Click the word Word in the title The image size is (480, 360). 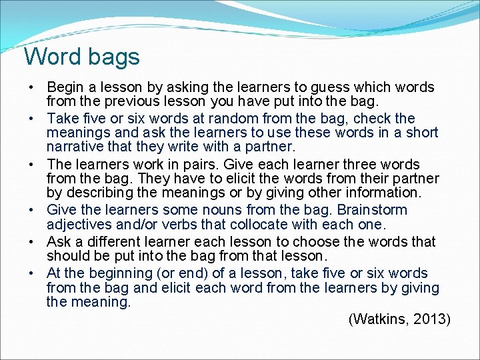51,57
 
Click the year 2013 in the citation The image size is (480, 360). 429,319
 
